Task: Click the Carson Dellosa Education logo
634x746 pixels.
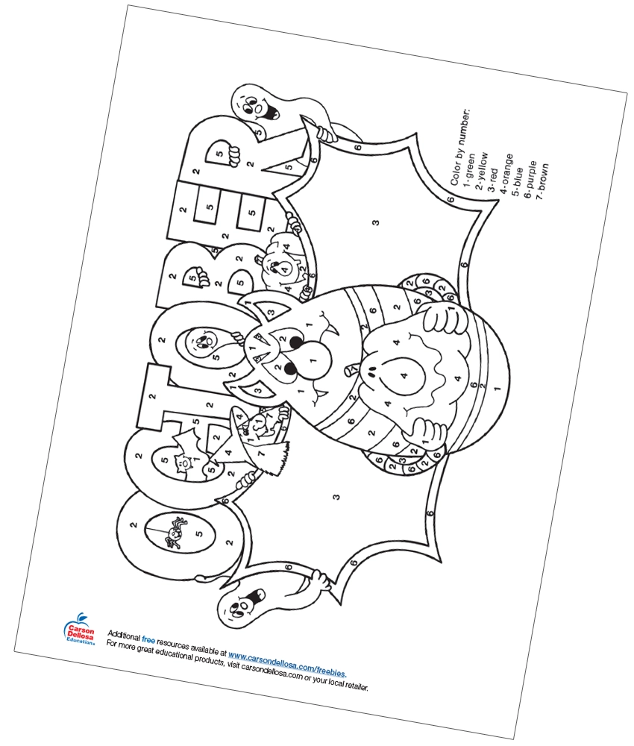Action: (x=79, y=629)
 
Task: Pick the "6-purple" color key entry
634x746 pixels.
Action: (x=530, y=179)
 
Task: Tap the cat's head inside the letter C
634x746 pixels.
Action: (x=182, y=463)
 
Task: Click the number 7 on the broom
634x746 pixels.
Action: (x=260, y=454)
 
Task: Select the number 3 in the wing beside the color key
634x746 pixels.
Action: (x=376, y=222)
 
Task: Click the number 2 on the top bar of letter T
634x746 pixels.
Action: (x=152, y=396)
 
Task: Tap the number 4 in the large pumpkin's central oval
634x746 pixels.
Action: (x=404, y=375)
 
